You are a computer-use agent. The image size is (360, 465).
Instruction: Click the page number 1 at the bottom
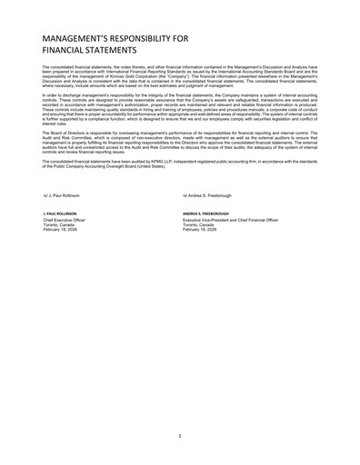pos(180,435)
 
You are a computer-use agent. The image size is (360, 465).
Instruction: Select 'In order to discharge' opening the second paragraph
pos(59,94)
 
